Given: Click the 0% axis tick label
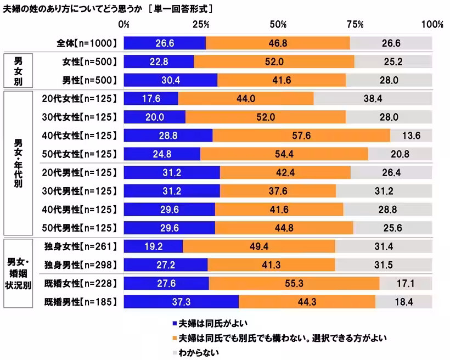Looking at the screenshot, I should (124, 25).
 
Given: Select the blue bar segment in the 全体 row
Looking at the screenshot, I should (165, 43).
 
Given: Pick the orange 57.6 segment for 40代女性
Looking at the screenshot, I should (301, 136).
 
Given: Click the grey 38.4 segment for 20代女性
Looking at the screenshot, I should (373, 98).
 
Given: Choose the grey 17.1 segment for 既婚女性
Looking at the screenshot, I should (406, 284).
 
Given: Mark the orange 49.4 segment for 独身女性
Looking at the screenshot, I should (259, 246).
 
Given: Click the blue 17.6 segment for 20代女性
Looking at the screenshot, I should (151, 98).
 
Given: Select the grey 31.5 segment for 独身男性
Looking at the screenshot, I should (384, 265).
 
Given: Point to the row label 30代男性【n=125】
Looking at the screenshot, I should (80, 191).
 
